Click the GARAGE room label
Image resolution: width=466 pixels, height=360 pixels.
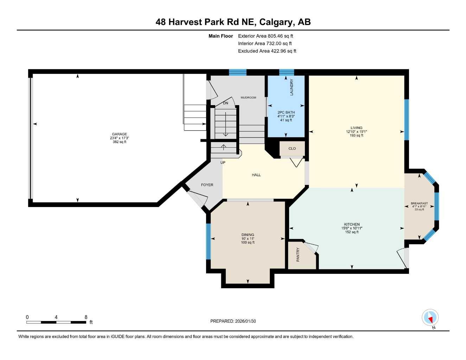click(x=119, y=134)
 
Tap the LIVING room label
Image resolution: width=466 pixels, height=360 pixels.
click(x=356, y=128)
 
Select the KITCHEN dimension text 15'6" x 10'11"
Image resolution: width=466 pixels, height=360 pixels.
click(x=352, y=228)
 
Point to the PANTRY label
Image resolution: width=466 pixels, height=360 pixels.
click(x=298, y=255)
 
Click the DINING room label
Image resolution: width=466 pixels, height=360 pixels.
click(x=248, y=235)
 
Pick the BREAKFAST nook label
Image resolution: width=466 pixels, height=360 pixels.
click(x=419, y=203)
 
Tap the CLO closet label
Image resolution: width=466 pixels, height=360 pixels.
click(x=292, y=148)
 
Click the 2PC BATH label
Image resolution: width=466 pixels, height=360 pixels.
click(x=286, y=112)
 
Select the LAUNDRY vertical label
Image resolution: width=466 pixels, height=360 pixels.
click(x=292, y=87)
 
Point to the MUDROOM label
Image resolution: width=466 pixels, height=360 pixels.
click(x=248, y=97)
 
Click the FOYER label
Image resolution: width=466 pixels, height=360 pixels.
click(x=207, y=185)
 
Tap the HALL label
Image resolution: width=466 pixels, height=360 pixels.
click(x=256, y=175)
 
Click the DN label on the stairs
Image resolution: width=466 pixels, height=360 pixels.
click(x=225, y=103)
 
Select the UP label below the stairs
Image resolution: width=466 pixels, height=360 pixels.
click(x=223, y=163)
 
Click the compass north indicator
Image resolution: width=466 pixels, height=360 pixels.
click(x=430, y=318)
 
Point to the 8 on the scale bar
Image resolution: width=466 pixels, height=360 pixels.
click(x=86, y=317)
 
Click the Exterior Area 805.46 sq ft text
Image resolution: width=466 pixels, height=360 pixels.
click(x=266, y=36)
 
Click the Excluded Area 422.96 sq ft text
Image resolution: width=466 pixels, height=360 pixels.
click(x=267, y=51)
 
